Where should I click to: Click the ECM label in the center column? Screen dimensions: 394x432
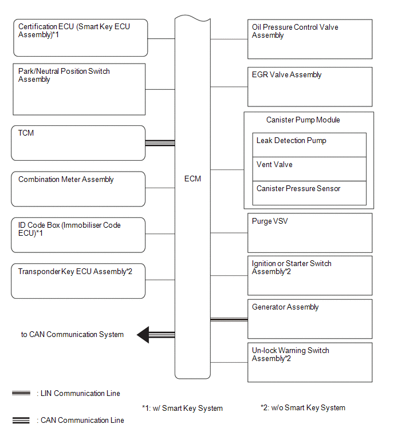[192, 179]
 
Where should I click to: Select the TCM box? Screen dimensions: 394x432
[78, 143]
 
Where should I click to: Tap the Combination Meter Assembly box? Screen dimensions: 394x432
[78, 189]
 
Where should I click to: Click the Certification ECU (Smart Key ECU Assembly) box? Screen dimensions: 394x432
[81, 38]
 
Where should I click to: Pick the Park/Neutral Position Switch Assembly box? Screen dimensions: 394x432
[79, 89]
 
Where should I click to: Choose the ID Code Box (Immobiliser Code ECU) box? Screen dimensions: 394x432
[78, 235]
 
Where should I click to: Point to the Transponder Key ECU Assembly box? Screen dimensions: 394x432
[78, 281]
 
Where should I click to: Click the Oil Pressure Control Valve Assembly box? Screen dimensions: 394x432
[310, 39]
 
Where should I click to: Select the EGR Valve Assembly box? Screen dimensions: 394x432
[310, 87]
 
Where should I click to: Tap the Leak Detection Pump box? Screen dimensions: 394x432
[309, 145]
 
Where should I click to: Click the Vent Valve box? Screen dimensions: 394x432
[309, 169]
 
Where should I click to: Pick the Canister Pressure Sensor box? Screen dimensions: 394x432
[309, 193]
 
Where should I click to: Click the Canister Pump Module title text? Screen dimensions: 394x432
[303, 120]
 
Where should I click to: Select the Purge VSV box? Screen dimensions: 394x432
[310, 233]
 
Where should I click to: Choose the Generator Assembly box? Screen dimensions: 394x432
[310, 319]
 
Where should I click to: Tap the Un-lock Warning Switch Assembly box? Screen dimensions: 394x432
[310, 362]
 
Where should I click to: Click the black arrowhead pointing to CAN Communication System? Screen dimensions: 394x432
[143, 335]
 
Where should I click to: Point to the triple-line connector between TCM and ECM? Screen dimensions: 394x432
[160, 143]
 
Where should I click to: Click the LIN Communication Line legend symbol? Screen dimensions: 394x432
[21, 393]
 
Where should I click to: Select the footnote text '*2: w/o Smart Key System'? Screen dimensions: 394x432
[303, 408]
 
